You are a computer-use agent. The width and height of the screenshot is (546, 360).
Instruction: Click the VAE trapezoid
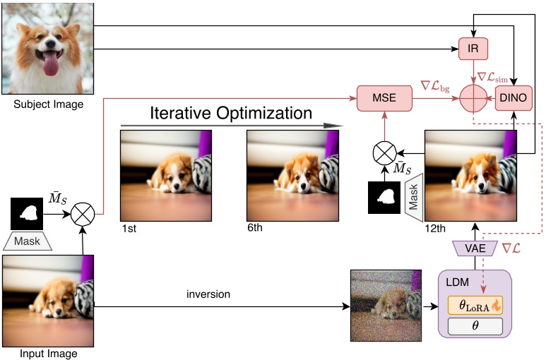(x=472, y=248)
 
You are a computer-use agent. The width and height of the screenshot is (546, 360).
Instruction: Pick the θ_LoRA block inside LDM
(x=475, y=306)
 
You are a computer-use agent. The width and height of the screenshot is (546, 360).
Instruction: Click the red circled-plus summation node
(x=473, y=97)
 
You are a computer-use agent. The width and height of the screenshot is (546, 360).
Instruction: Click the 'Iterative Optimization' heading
(x=230, y=113)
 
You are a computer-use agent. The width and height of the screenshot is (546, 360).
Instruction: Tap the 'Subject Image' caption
(x=48, y=104)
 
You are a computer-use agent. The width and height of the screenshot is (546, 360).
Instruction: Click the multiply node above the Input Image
(x=83, y=212)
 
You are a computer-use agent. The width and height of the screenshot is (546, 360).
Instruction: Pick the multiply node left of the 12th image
(x=384, y=152)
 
